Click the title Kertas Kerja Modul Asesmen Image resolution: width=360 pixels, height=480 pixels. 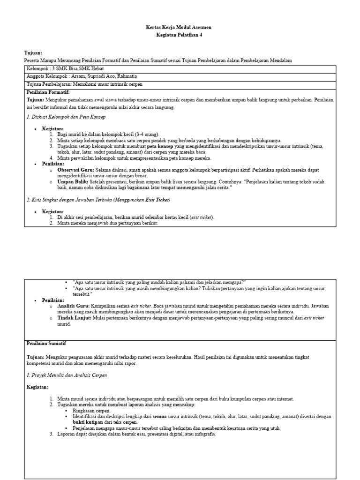(x=180, y=28)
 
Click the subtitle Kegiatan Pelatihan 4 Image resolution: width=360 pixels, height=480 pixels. (x=180, y=35)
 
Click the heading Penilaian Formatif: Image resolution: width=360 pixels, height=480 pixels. (x=48, y=92)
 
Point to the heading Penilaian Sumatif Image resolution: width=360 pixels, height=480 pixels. (x=46, y=344)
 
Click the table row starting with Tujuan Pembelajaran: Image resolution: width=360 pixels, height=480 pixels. (x=84, y=84)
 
